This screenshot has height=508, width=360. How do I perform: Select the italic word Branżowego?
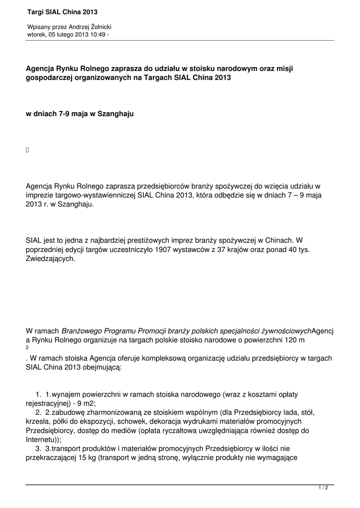[82, 331]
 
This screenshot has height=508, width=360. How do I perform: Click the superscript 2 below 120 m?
[27, 348]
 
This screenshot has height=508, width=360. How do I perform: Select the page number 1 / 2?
[323, 488]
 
